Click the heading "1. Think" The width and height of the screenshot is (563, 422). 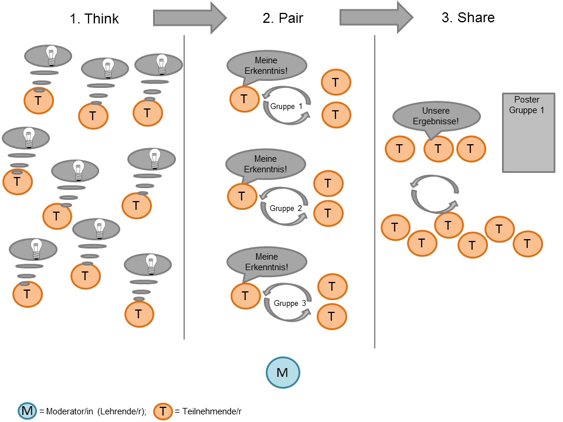click(x=94, y=19)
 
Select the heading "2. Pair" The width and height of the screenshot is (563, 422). click(x=283, y=18)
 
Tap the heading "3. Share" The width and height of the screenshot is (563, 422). click(x=467, y=18)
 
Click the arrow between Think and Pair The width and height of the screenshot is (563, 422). click(x=189, y=18)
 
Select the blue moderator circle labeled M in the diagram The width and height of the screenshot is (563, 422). click(x=283, y=372)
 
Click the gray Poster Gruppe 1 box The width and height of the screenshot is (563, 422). click(x=528, y=132)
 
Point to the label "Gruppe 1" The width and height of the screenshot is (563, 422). click(x=286, y=107)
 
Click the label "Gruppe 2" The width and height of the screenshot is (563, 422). click(x=286, y=208)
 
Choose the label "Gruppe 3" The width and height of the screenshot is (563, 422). click(x=289, y=303)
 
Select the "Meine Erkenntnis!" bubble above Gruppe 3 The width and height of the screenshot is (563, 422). click(x=266, y=262)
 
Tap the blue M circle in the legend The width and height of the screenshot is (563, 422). click(x=27, y=411)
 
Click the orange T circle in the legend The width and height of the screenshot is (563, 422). click(x=164, y=411)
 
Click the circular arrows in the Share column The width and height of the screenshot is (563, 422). click(x=435, y=194)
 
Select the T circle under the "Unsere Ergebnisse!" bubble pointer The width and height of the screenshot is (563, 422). click(x=437, y=149)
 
